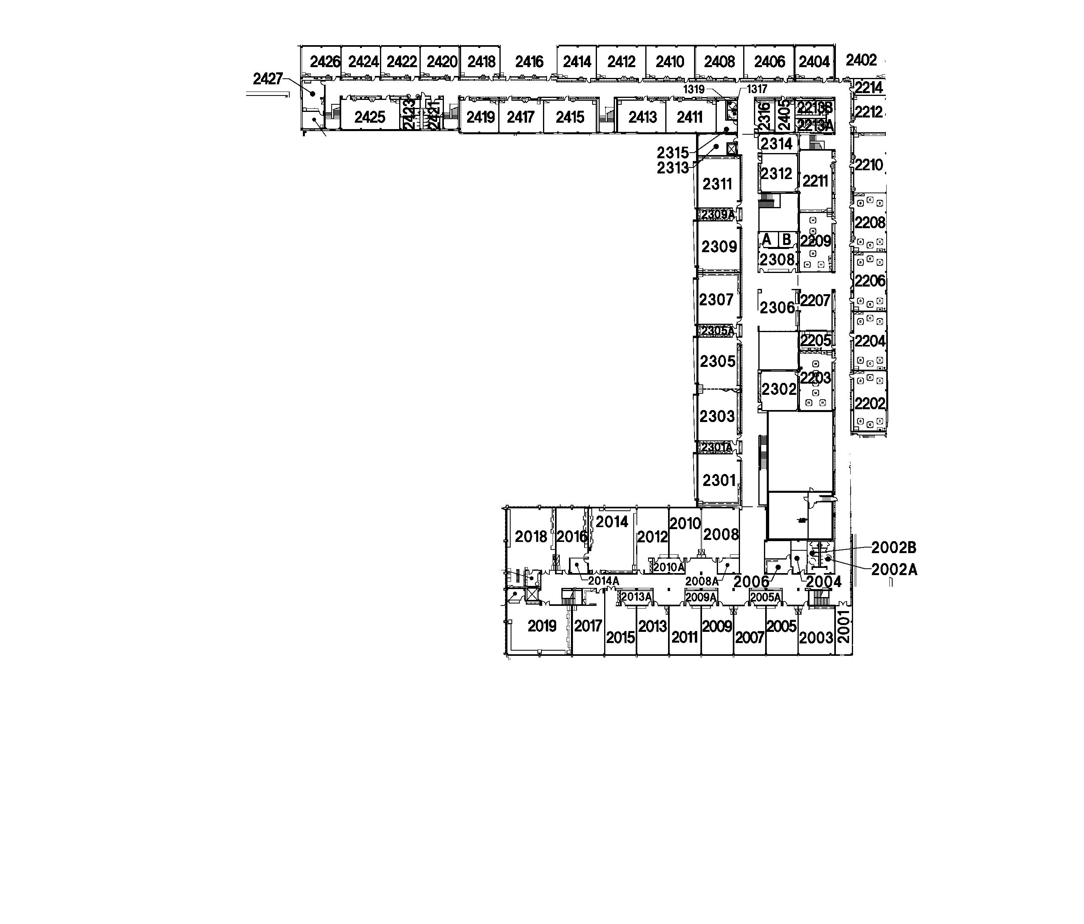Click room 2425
pos(369,117)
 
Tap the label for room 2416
pos(529,62)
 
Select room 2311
pos(717,184)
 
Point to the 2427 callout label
pos(267,79)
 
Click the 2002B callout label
pos(893,548)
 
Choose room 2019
pos(541,626)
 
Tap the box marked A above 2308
pos(767,240)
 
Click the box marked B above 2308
pos(786,240)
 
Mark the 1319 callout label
pos(694,90)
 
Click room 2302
pos(778,389)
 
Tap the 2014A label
pos(604,581)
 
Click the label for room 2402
pos(861,60)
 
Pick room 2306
pos(777,308)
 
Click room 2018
pos(531,536)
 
